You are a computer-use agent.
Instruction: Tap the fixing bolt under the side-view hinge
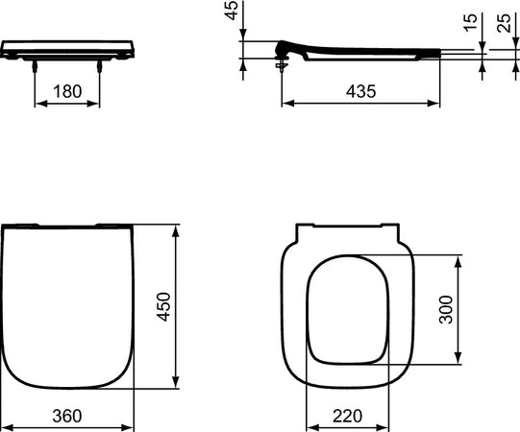pyautogui.click(x=282, y=66)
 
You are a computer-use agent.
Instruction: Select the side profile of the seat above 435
pyautogui.click(x=356, y=53)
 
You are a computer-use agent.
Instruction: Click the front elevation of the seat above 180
pyautogui.click(x=67, y=50)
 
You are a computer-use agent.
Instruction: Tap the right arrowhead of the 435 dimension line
pyautogui.click(x=440, y=104)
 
